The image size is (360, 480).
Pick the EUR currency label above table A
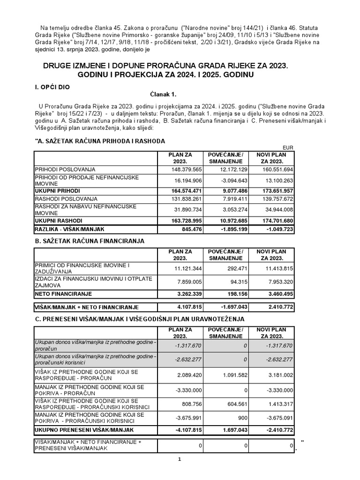pos(288,148)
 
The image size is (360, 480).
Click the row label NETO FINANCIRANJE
pos(63,293)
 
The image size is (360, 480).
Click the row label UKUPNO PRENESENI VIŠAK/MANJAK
pos(84,429)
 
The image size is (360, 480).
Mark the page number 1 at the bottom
pos(180,459)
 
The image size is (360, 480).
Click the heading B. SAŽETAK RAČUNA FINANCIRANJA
pos(89,241)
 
